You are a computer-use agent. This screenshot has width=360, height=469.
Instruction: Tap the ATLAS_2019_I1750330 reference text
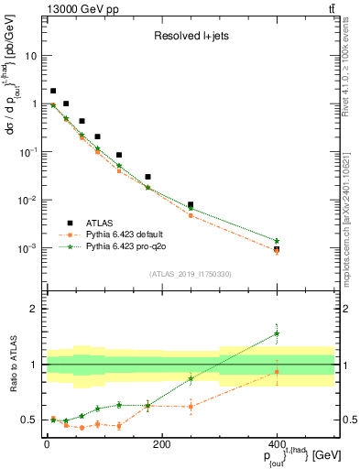click(x=190, y=273)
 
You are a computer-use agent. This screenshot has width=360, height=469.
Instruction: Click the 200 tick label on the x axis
click(x=161, y=443)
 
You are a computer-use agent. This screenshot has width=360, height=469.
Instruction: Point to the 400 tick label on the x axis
click(x=277, y=443)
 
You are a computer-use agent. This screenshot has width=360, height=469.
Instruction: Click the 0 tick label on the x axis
click(x=47, y=443)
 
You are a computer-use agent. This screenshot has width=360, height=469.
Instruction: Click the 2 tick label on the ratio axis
click(x=36, y=310)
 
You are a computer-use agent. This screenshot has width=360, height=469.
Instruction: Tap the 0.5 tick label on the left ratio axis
click(x=31, y=420)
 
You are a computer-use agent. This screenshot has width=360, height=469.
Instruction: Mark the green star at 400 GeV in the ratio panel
click(x=277, y=333)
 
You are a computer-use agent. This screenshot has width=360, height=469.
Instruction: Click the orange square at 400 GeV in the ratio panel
click(x=277, y=371)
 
